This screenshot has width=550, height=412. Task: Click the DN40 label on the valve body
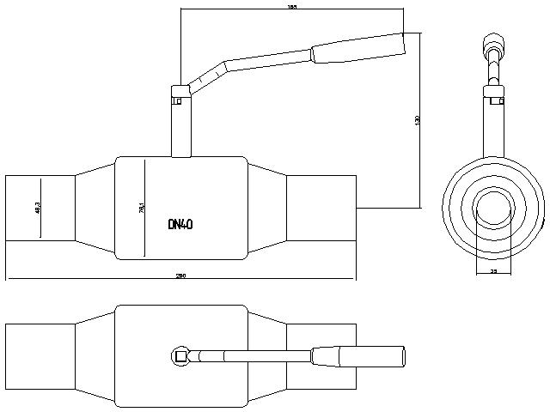[x=180, y=224]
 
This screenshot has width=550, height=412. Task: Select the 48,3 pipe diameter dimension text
[x=39, y=208]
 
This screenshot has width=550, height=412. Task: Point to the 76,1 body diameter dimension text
[x=141, y=208]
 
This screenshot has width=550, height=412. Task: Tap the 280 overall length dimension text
[x=180, y=276]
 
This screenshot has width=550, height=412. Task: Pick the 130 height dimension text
[x=417, y=121]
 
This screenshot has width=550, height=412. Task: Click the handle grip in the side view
[x=357, y=47]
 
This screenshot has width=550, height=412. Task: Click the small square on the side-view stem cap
[x=176, y=100]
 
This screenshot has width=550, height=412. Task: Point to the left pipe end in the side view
[x=40, y=208]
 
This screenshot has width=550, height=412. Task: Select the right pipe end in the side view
[x=321, y=208]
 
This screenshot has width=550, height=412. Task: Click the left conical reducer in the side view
[x=95, y=208]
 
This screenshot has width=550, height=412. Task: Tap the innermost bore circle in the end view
[x=493, y=208]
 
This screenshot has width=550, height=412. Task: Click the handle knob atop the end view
[x=493, y=43]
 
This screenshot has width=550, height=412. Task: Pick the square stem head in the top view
[x=180, y=354]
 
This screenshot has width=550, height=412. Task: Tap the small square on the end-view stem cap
[x=496, y=100]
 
